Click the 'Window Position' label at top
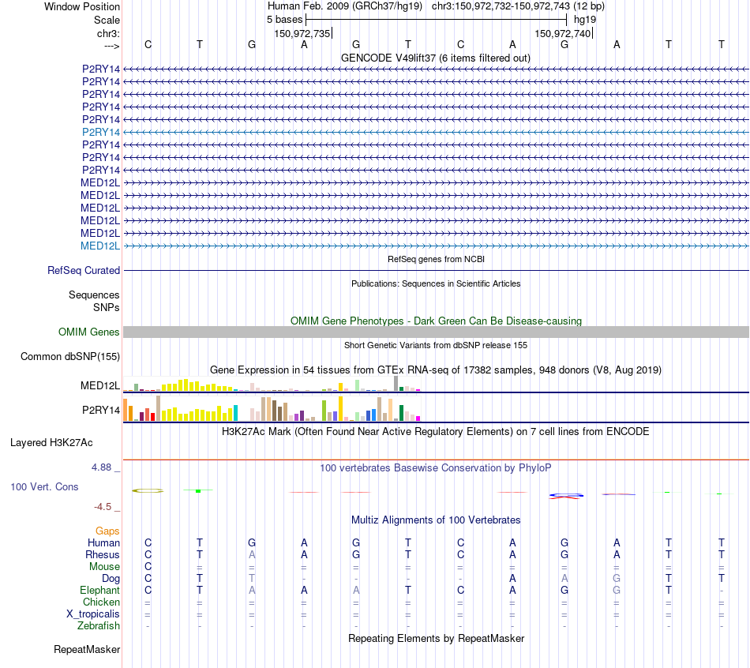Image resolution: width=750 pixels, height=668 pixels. coord(82,6)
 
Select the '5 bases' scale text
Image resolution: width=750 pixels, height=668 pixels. coord(279,19)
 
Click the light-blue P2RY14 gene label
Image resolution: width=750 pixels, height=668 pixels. coord(101,132)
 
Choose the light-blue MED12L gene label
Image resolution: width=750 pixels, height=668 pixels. coord(100,246)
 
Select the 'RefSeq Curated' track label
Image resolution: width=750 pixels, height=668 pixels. coord(84,270)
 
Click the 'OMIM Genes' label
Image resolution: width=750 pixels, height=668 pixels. coord(89,332)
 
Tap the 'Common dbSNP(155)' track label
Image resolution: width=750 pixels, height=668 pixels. coord(70,357)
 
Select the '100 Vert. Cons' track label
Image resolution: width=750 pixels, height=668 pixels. coord(44,486)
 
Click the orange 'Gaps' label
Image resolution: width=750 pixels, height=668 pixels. coord(107,531)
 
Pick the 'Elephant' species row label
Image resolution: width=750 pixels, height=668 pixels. coord(99,590)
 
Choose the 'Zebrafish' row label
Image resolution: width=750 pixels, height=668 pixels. coord(99,625)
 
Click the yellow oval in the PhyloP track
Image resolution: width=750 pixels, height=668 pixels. coord(148,490)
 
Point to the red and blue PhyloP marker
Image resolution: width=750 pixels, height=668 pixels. coord(565,495)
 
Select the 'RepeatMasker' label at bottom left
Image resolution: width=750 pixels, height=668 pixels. coord(87,650)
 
